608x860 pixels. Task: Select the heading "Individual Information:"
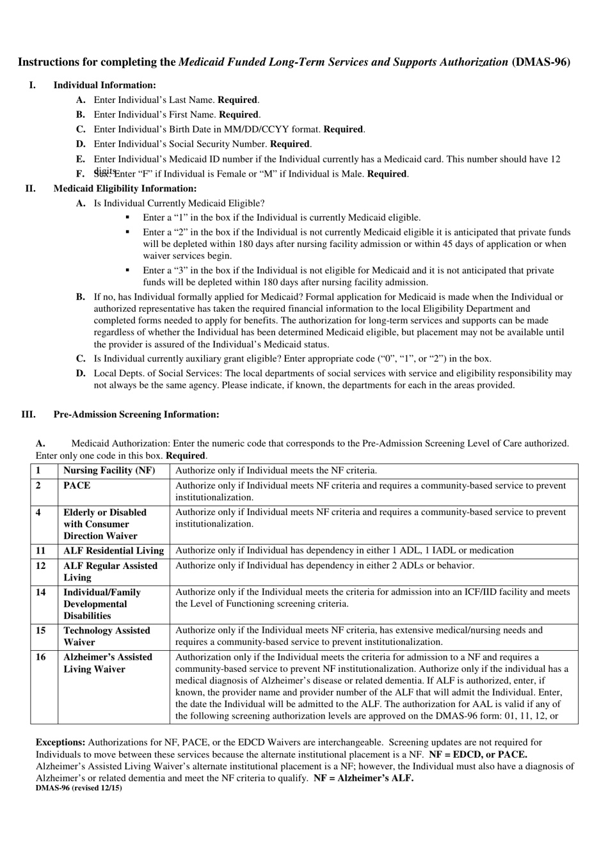point(104,85)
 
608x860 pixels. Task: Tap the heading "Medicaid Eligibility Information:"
point(125,188)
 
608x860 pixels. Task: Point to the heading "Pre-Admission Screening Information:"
point(136,414)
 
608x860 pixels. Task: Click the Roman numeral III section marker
point(28,414)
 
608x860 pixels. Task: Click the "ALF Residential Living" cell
point(113,550)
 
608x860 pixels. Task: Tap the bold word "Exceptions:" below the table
point(60,742)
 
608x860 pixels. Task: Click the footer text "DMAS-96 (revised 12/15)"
point(79,788)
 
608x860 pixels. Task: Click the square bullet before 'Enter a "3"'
point(128,270)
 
